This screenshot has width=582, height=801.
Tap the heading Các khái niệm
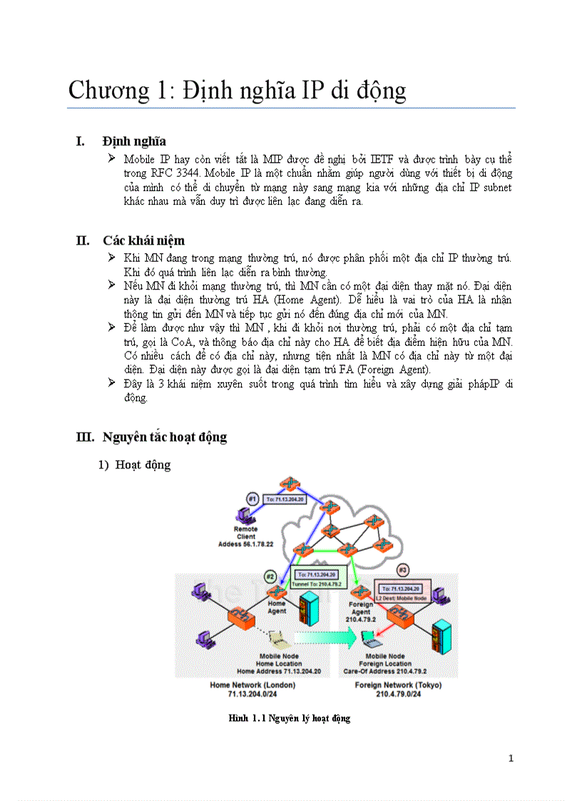click(143, 240)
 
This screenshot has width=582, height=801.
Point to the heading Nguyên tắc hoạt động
click(165, 437)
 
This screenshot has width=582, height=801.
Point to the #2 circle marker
click(270, 576)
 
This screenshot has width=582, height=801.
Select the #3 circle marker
click(403, 570)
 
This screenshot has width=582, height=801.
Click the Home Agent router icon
click(277, 591)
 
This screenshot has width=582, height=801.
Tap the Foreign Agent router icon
click(361, 592)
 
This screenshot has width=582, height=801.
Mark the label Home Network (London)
click(252, 685)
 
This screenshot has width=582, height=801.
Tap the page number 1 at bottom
click(511, 758)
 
